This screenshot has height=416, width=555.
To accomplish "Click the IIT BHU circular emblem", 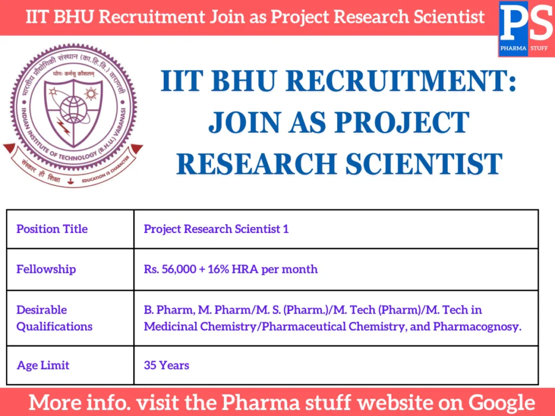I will click(73, 115).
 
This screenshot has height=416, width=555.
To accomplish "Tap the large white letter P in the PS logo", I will click(513, 23).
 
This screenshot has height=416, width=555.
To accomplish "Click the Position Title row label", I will click(52, 229).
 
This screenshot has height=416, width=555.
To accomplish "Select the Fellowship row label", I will click(46, 269).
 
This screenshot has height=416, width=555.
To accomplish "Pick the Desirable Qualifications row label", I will click(54, 318).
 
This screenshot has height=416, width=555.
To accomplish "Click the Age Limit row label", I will click(43, 365).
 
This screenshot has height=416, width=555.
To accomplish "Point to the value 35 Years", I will click(166, 365).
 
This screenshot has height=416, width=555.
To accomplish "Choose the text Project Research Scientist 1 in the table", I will click(216, 229).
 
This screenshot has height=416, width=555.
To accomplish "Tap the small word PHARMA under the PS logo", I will click(513, 48).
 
